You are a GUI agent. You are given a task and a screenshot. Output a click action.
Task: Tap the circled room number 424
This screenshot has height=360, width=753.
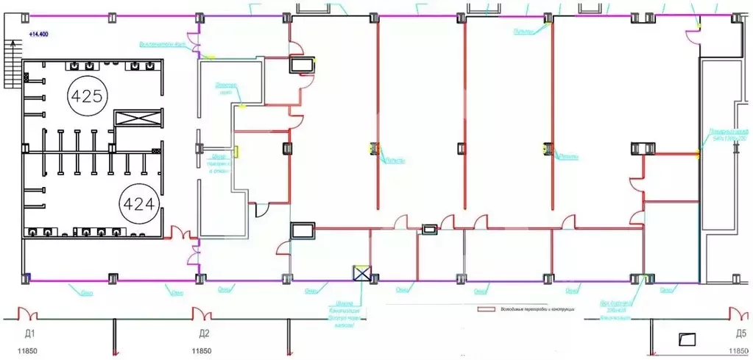(x=139, y=202)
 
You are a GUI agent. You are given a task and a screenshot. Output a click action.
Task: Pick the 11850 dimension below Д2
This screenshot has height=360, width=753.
(x=205, y=351)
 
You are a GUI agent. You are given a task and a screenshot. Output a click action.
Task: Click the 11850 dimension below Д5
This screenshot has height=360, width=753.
(x=739, y=351)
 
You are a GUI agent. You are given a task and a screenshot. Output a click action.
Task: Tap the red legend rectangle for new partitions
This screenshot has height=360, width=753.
(x=485, y=310)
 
